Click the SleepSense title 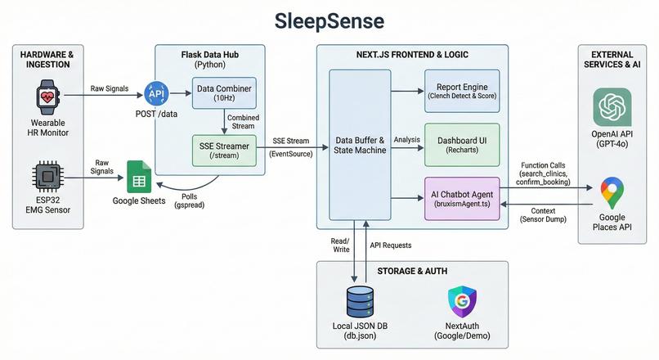pyautogui.click(x=329, y=20)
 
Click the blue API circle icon pyautogui.click(x=155, y=93)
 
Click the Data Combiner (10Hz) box pyautogui.click(x=222, y=92)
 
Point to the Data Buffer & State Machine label pyautogui.click(x=360, y=145)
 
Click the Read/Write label pyautogui.click(x=338, y=245)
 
